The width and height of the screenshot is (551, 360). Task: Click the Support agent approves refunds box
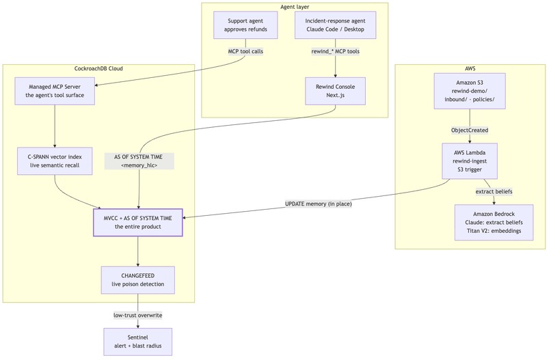245,25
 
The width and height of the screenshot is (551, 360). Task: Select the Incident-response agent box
335,25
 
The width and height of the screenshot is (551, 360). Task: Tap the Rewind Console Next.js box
335,91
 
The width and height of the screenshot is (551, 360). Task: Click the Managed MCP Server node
55,91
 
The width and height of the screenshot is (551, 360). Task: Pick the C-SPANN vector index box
55,161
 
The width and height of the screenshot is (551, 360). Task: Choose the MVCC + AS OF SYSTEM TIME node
138,222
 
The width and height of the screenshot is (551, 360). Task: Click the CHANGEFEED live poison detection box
138,280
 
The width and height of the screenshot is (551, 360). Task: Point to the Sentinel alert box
138,342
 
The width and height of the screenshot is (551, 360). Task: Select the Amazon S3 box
470,91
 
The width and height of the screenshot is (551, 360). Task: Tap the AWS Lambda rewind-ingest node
470,161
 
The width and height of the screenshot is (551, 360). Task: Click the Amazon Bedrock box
494,222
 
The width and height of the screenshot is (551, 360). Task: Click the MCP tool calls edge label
245,51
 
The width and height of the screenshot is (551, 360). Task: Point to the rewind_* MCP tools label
335,51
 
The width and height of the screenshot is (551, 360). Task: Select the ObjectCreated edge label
470,130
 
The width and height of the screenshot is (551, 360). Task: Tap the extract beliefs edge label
494,192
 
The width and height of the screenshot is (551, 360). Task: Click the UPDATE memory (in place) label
319,204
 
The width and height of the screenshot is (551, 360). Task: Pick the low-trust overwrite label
138,316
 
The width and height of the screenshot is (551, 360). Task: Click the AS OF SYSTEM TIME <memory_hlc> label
139,161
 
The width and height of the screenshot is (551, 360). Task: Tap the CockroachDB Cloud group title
98,68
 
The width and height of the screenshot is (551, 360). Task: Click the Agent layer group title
295,7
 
